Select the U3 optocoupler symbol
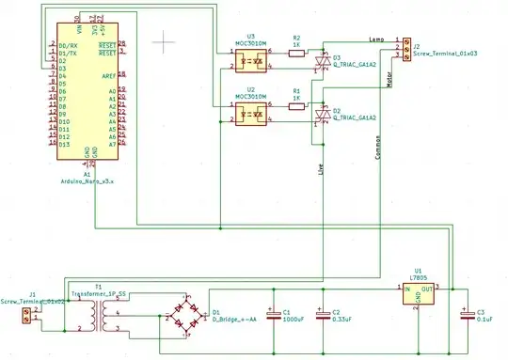pos(251,57)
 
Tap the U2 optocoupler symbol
pos(251,114)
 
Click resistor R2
pos(297,53)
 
